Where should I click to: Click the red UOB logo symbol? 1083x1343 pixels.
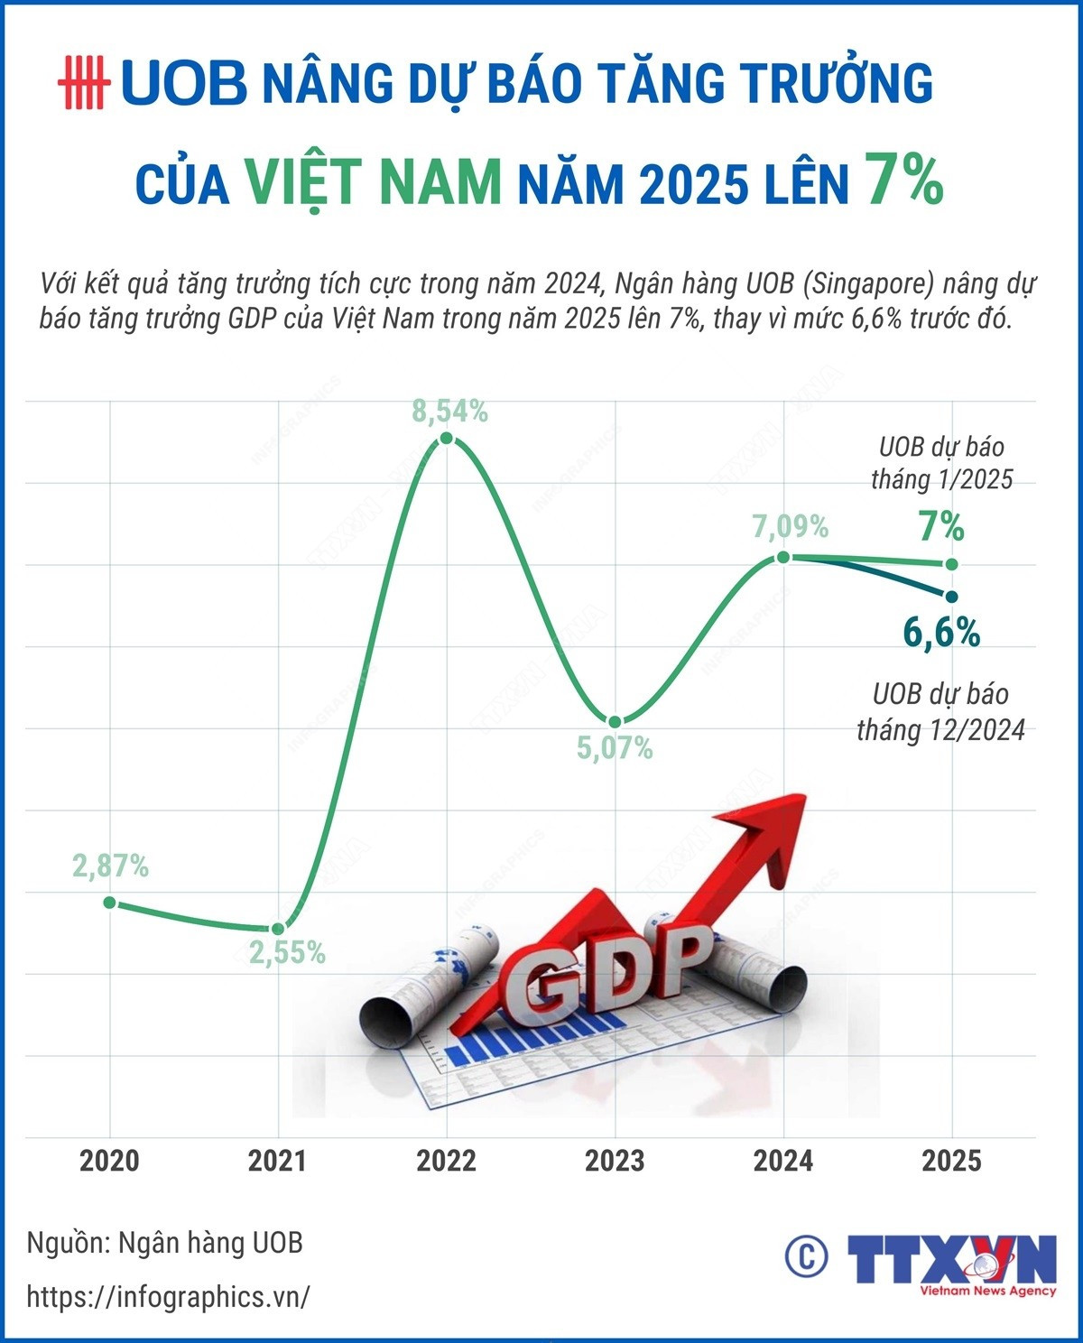pos(83,83)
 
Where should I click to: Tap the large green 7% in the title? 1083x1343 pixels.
pos(903,179)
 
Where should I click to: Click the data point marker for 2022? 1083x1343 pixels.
pos(446,439)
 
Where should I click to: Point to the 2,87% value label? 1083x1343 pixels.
pos(110,866)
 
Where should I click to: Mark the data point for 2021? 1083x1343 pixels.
pos(278,929)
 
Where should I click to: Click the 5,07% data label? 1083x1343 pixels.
pos(615,748)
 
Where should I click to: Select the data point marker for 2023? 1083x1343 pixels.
pos(615,721)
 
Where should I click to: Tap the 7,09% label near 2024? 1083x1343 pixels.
pos(791,526)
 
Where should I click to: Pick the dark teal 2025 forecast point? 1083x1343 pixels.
pos(950,595)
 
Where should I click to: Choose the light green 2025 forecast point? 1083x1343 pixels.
pos(951,564)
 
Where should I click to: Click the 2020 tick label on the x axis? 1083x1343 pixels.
pos(109,1161)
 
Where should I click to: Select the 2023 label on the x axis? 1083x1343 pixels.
pos(615,1161)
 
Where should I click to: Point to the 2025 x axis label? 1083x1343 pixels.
pos(951,1161)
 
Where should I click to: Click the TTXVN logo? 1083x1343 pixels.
pos(951,1262)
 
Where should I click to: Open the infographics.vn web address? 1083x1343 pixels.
pos(168,1298)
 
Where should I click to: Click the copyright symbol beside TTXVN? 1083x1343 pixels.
pos(806,1255)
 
